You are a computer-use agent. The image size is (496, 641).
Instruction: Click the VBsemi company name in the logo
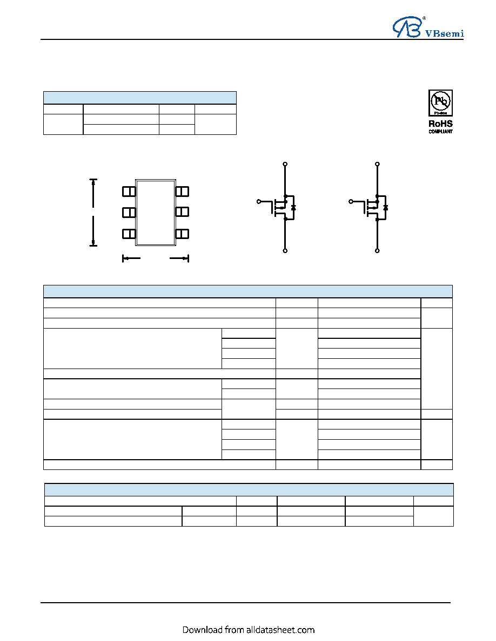point(445,33)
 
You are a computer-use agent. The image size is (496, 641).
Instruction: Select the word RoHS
point(441,124)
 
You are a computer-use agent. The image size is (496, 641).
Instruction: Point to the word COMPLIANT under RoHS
point(441,132)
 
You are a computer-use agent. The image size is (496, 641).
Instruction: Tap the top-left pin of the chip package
point(129,192)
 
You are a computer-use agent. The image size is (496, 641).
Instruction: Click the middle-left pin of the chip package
point(129,213)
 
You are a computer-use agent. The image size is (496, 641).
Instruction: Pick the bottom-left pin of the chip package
point(129,234)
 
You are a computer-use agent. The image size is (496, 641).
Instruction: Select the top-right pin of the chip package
point(182,192)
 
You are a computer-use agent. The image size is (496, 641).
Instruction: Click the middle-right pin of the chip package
point(182,212)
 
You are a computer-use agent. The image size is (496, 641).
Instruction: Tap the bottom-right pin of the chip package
point(182,234)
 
